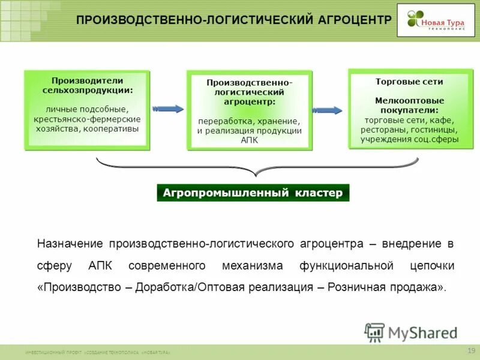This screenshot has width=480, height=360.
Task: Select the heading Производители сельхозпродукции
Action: click(x=88, y=85)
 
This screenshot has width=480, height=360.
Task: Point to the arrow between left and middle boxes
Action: click(x=168, y=109)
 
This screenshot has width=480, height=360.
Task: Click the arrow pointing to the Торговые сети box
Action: click(x=328, y=110)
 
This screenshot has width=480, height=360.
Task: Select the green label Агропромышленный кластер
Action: click(x=253, y=193)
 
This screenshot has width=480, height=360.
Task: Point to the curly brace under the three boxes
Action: click(x=257, y=167)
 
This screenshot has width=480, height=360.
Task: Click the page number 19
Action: click(x=470, y=350)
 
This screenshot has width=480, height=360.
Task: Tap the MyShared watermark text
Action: click(x=422, y=332)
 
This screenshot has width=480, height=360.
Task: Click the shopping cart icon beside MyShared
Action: click(x=374, y=332)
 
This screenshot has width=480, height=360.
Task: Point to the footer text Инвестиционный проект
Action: click(x=54, y=353)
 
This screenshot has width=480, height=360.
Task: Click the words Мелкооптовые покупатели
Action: click(x=409, y=106)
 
